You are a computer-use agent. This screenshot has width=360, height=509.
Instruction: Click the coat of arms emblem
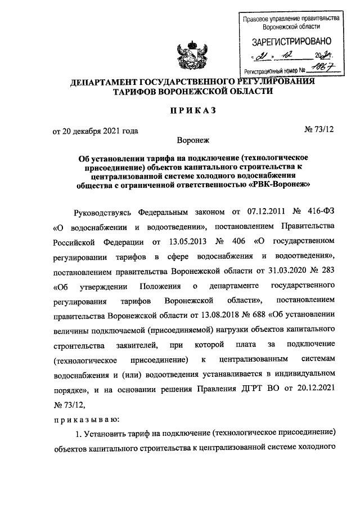[x=193, y=53]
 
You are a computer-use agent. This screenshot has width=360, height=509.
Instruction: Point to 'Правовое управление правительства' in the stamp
[x=291, y=19]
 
